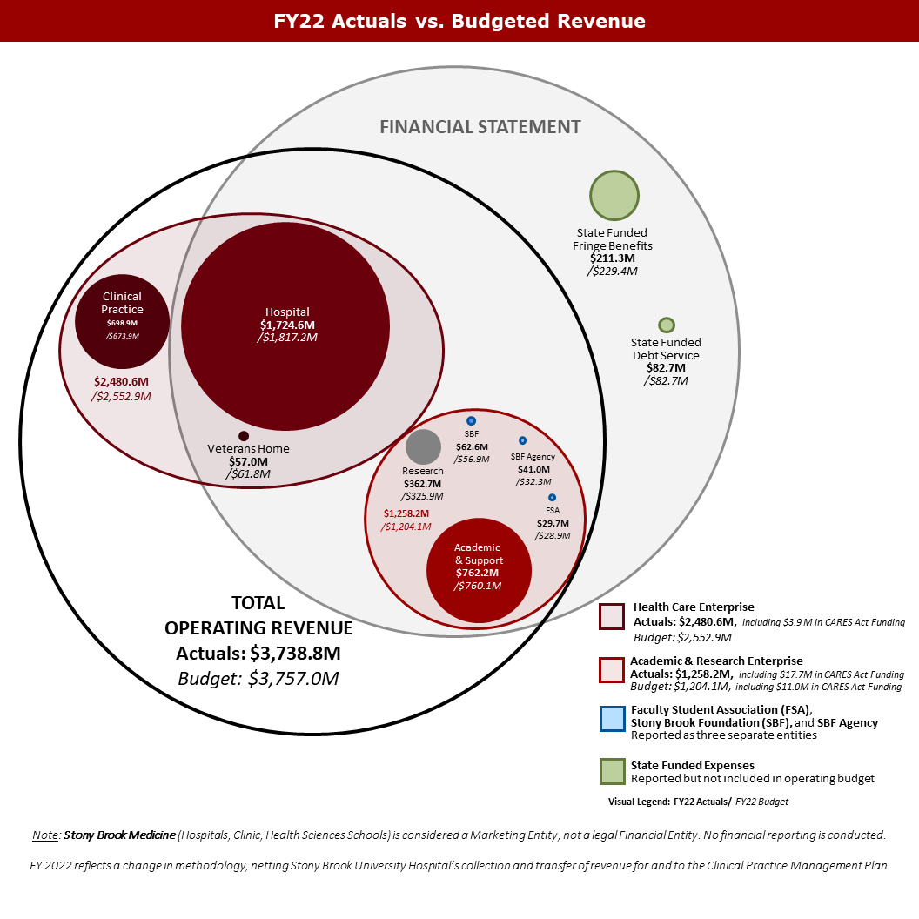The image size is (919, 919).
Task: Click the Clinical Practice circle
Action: point(122,322)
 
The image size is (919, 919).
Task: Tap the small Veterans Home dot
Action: point(244,436)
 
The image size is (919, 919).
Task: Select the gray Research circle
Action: point(424,446)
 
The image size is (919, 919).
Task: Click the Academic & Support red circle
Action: point(479,570)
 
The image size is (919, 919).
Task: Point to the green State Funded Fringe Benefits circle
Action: point(614,196)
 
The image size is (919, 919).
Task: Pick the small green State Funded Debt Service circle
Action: point(667,325)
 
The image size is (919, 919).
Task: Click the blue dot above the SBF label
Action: point(471,421)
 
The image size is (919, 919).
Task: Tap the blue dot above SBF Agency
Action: point(522,440)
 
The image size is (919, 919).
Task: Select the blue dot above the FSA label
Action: point(552,497)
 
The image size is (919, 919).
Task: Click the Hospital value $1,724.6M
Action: point(287,325)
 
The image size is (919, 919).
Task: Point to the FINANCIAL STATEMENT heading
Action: point(480,127)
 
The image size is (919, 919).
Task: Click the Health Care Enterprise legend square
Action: point(612,616)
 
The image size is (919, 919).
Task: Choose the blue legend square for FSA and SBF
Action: point(612,719)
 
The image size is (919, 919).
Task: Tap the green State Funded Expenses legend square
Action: point(612,771)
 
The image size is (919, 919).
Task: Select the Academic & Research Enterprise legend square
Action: point(612,668)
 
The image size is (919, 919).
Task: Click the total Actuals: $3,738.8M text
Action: point(258,653)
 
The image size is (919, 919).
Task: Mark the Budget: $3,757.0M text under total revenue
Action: point(258,678)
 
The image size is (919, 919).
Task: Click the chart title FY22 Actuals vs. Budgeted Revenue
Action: point(459,21)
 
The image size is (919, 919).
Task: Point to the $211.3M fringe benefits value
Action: point(613,258)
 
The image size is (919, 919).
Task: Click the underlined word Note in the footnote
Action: point(45,835)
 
